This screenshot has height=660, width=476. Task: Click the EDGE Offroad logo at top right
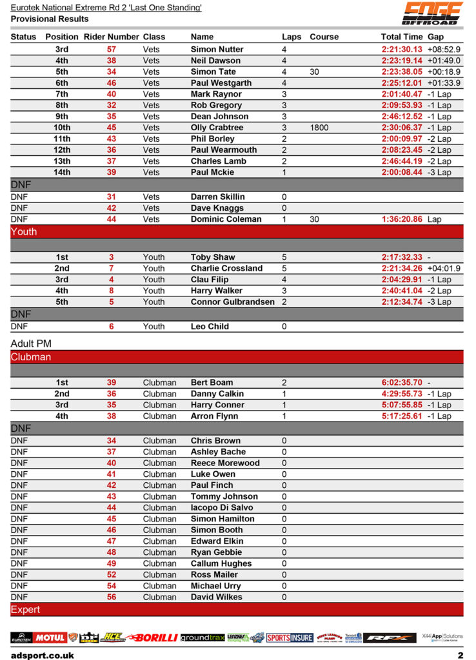coord(432,13)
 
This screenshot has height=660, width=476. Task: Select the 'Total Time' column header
coord(402,37)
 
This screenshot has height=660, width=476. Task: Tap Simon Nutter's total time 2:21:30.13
coord(402,50)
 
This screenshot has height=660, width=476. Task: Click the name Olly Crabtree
coord(217,128)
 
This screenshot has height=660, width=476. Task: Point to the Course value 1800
coord(319,128)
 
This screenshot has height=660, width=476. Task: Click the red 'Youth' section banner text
coord(24,232)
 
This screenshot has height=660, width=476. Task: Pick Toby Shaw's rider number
coord(112,257)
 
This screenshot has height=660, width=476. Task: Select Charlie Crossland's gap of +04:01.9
coord(444,268)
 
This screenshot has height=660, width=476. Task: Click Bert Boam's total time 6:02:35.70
coord(402,383)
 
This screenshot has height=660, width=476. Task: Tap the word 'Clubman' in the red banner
coord(31,357)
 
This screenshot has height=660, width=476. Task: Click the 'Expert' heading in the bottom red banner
coord(26,609)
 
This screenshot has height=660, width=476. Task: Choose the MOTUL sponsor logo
coord(50,637)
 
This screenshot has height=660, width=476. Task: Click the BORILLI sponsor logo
coord(152,637)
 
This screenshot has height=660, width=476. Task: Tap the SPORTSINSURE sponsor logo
coord(290,637)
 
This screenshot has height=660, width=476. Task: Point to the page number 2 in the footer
coord(461,655)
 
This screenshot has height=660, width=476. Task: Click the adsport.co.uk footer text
coord(43,655)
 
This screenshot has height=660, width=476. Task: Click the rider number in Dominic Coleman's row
coord(112,219)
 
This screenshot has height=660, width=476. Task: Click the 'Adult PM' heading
coord(31,344)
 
